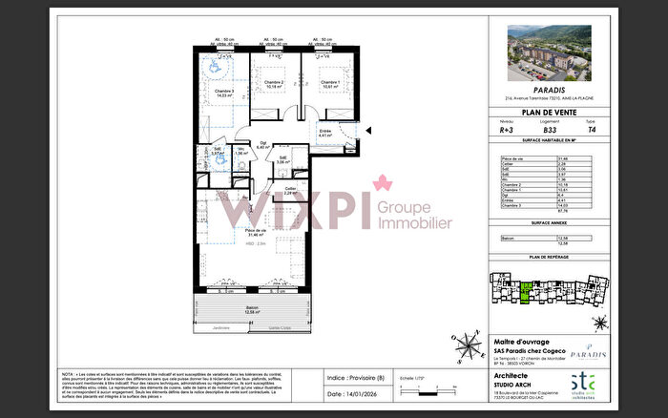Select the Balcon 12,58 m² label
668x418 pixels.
253,308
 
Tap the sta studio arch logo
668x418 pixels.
594,387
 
